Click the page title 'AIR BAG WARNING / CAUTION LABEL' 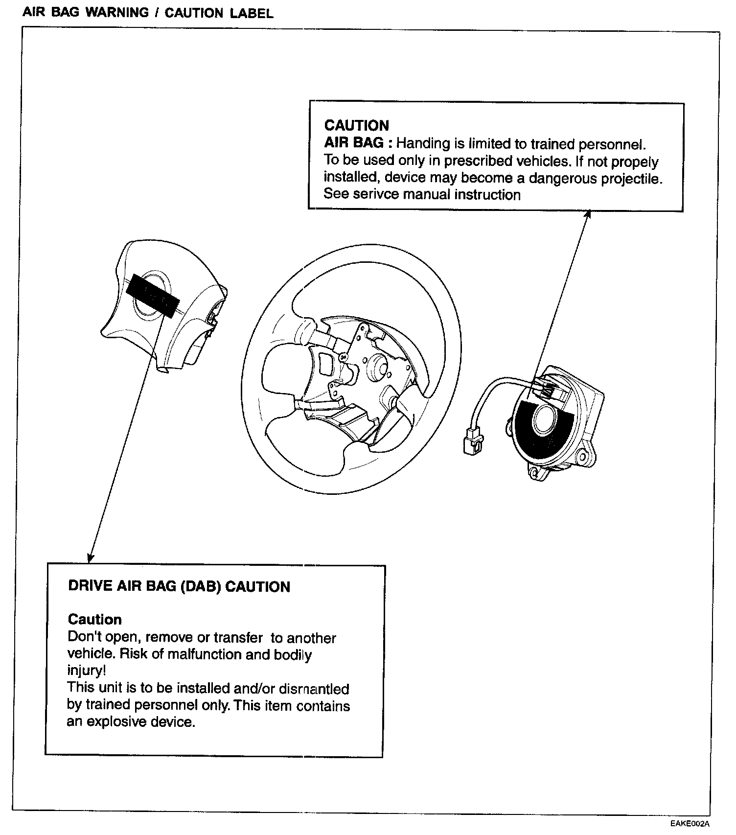148,13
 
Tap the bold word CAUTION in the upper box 356,126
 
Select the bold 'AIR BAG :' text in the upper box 358,143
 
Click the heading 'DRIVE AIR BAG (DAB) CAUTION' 179,586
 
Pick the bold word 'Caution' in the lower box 94,619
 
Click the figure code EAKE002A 690,823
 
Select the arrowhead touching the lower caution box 90,558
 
